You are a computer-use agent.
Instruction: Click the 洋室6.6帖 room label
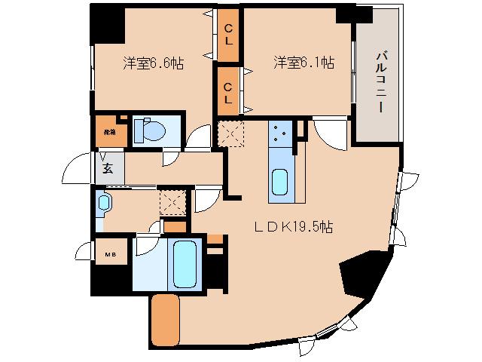click(x=153, y=64)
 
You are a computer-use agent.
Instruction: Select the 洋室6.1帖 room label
click(x=303, y=64)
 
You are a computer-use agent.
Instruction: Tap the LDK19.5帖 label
click(x=294, y=227)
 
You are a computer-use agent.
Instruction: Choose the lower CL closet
click(x=227, y=90)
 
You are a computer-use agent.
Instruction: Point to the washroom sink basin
click(x=104, y=203)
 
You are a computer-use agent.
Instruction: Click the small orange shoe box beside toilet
click(x=107, y=132)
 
